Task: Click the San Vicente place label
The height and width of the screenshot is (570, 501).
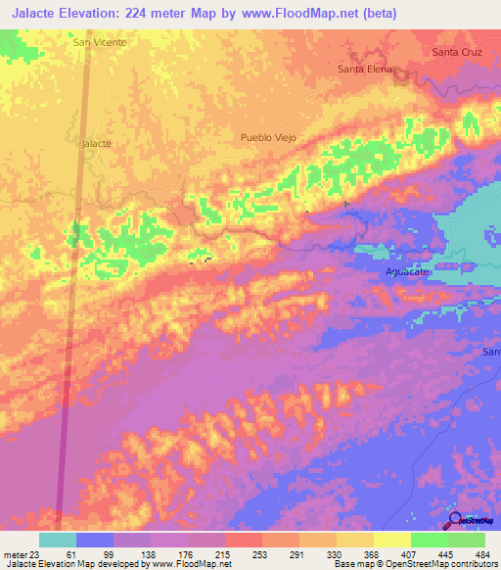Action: [x=100, y=43]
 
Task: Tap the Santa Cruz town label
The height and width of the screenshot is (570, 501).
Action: [x=457, y=51]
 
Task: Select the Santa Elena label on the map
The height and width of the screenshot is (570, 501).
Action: [x=364, y=70]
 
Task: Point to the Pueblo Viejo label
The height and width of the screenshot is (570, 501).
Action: [x=267, y=138]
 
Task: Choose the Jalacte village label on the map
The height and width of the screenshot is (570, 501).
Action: [x=95, y=143]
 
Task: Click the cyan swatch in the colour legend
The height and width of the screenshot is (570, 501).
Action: [x=58, y=540]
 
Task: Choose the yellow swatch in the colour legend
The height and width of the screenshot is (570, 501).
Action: [x=391, y=540]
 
